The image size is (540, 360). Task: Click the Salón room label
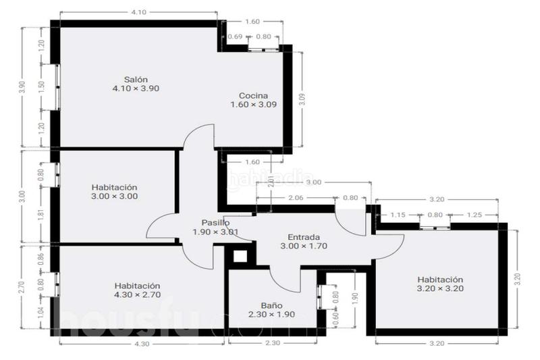pyautogui.click(x=136, y=79)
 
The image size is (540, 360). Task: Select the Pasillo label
pyautogui.click(x=215, y=223)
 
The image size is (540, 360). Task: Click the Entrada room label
pyautogui.click(x=304, y=237)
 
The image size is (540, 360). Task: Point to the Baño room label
pyautogui.click(x=272, y=305)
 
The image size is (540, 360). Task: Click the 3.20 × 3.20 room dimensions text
pyautogui.click(x=440, y=288)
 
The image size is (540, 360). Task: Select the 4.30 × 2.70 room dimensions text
pyautogui.click(x=136, y=294)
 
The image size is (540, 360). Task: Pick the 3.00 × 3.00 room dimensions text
pyautogui.click(x=115, y=197)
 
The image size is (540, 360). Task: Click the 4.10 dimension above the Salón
pyautogui.click(x=138, y=12)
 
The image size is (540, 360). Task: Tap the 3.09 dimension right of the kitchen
pyautogui.click(x=302, y=99)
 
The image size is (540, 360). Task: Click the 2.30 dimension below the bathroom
pyautogui.click(x=272, y=344)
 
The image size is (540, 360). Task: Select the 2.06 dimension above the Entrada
pyautogui.click(x=295, y=198)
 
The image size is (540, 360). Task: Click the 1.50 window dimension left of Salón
pyautogui.click(x=41, y=86)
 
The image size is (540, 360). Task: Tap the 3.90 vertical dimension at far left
pyautogui.click(x=22, y=86)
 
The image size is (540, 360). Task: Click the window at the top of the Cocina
pyautogui.click(x=263, y=48)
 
